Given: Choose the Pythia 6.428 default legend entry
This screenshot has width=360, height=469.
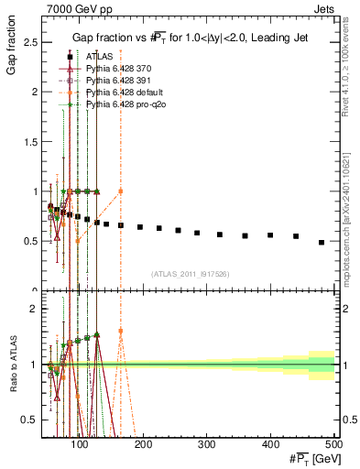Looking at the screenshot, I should (118, 93).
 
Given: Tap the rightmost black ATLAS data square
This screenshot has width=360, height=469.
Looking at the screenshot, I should (321, 243).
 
